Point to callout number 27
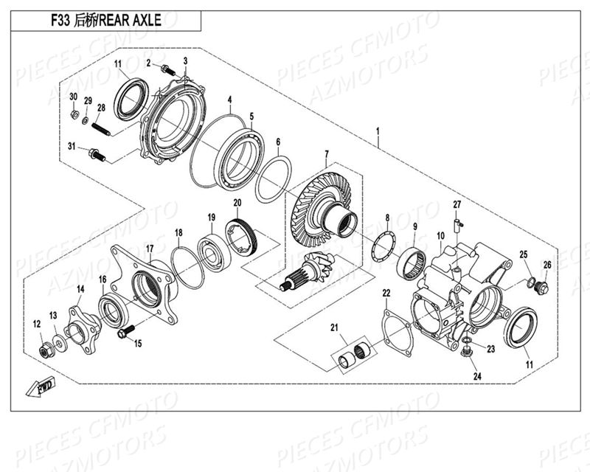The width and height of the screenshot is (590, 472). tap(457, 204)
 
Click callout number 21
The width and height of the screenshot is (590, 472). tap(334, 327)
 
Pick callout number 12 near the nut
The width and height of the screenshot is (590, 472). tap(36, 323)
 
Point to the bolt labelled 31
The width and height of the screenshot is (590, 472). tap(97, 154)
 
